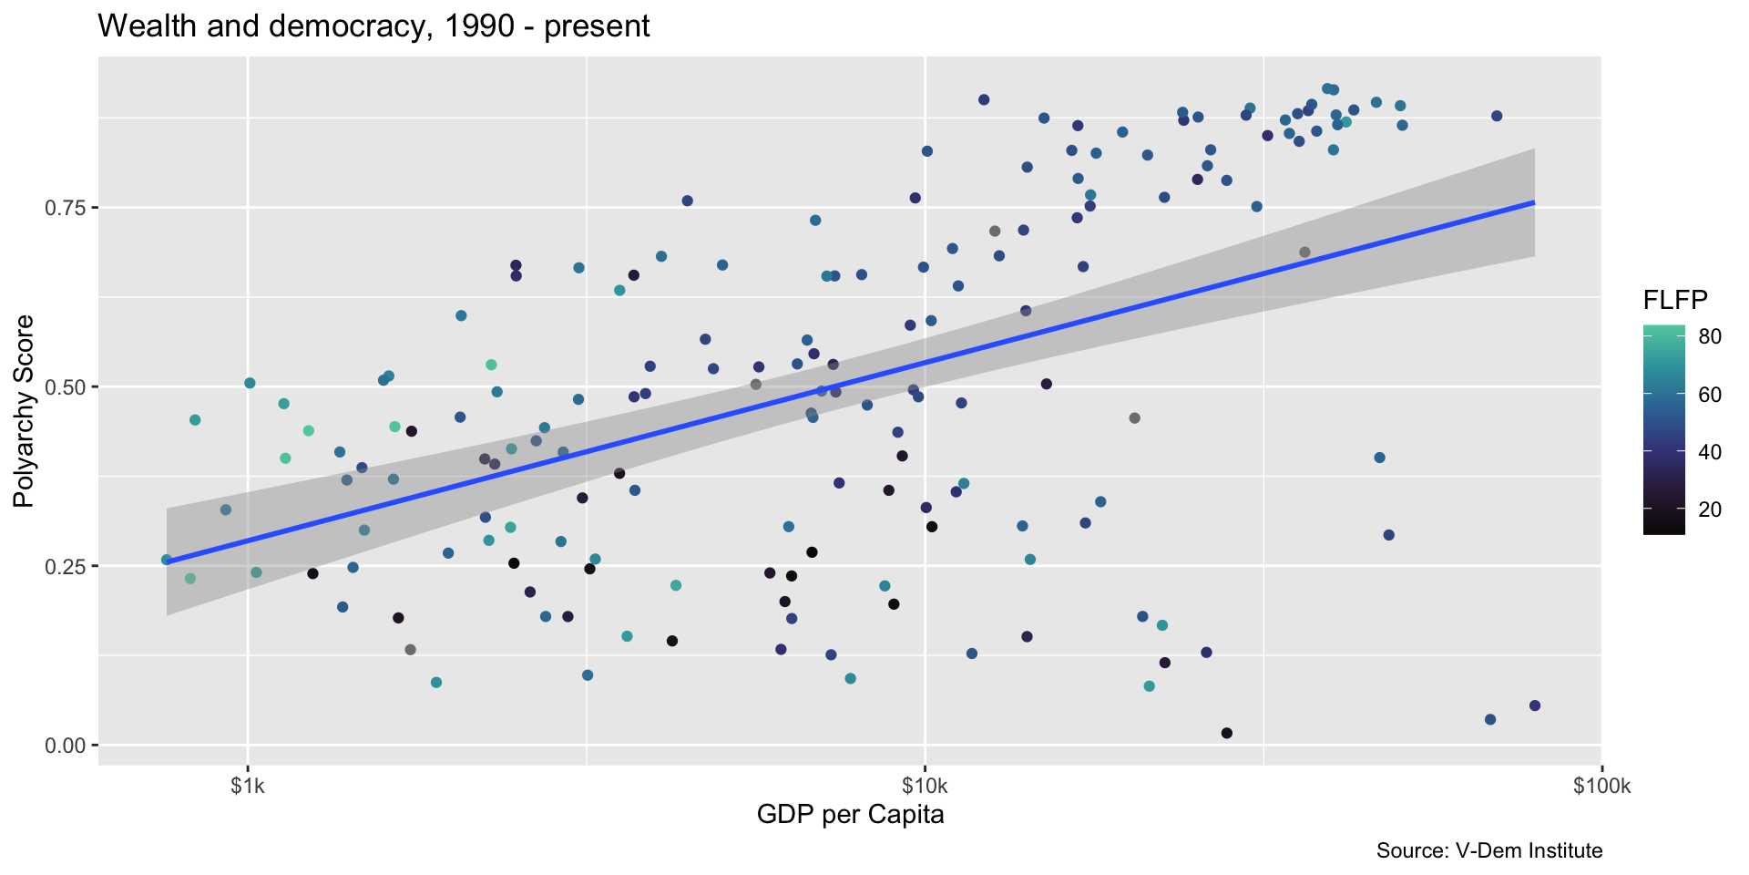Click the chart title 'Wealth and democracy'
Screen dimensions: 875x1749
(x=373, y=26)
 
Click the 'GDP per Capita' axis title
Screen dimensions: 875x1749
(x=850, y=815)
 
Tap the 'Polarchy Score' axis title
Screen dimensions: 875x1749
(x=24, y=411)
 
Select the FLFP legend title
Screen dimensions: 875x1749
(x=1674, y=299)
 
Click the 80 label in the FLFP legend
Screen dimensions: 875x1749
(x=1710, y=336)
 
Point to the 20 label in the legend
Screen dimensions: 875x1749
(x=1710, y=510)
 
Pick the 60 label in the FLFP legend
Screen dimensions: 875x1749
(x=1710, y=395)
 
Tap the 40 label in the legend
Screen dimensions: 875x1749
(x=1710, y=452)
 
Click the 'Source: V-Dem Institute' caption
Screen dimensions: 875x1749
(x=1488, y=851)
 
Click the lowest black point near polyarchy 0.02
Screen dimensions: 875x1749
(x=1227, y=733)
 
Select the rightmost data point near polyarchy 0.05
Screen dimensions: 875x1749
(x=1535, y=705)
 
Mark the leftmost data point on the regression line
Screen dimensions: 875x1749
(x=166, y=560)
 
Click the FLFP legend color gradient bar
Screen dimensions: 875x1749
(x=1663, y=429)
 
